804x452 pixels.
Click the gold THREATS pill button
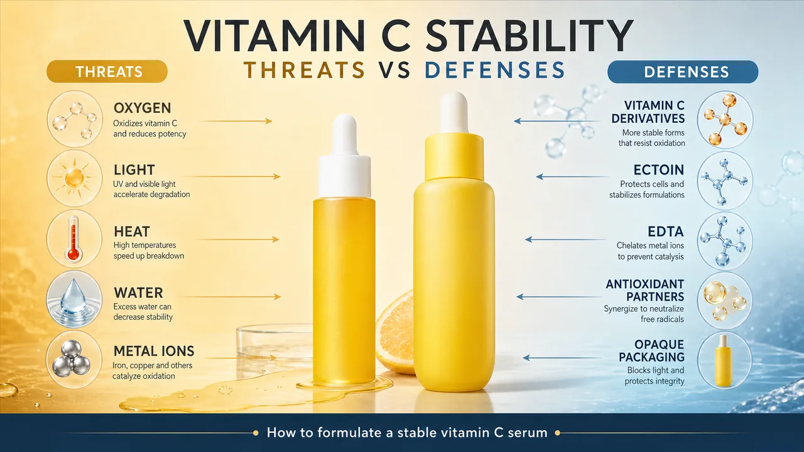click(x=107, y=72)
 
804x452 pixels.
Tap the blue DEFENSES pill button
click(x=683, y=72)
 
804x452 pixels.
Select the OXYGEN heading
click(x=142, y=108)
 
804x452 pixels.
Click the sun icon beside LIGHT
click(x=75, y=178)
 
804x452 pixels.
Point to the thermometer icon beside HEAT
click(x=73, y=239)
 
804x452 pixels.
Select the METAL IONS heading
click(x=154, y=351)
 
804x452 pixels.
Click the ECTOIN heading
click(x=659, y=169)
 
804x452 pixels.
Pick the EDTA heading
click(x=665, y=232)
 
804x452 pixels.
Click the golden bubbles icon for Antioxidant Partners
click(x=725, y=300)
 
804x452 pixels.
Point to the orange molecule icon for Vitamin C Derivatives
click(x=725, y=119)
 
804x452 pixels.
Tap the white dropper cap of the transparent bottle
click(x=345, y=156)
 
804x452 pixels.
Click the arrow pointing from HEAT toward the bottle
click(x=237, y=239)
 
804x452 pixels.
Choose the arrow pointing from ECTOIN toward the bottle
click(x=572, y=176)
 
